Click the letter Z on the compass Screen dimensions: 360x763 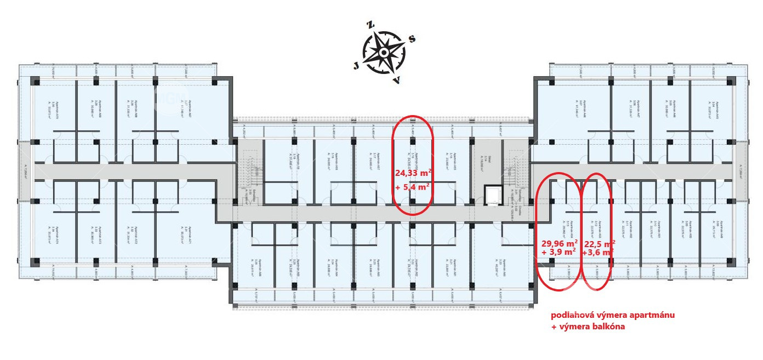(x=371, y=25)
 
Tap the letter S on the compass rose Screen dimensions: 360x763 (x=412, y=39)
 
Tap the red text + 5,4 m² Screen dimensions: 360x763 (x=412, y=186)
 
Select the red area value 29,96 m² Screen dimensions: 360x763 (x=559, y=243)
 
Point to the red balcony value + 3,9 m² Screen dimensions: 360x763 (x=559, y=253)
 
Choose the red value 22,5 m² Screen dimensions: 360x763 (x=599, y=243)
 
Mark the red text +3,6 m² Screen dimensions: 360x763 (x=598, y=253)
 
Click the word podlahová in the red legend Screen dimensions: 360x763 (x=571, y=316)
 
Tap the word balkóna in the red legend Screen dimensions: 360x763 (x=605, y=327)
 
